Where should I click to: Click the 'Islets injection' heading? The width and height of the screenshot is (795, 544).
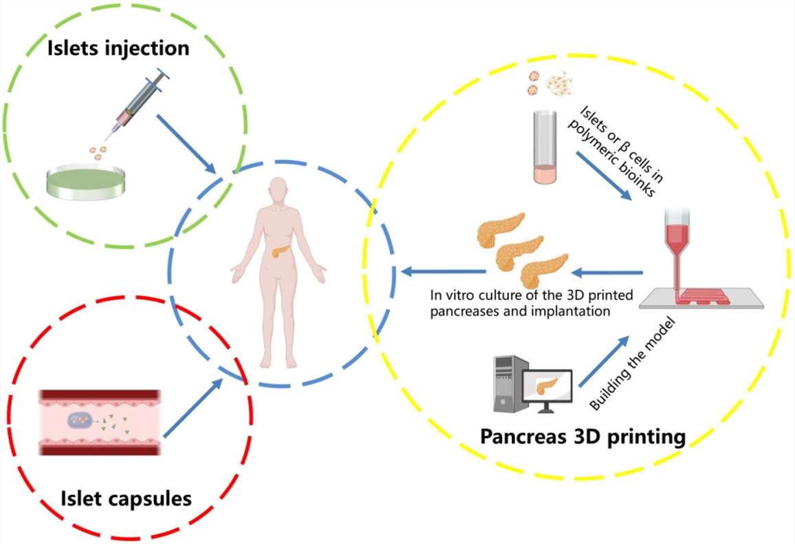(118, 48)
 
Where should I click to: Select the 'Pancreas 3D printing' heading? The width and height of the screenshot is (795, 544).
(582, 436)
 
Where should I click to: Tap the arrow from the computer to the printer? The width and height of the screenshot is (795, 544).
(605, 361)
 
